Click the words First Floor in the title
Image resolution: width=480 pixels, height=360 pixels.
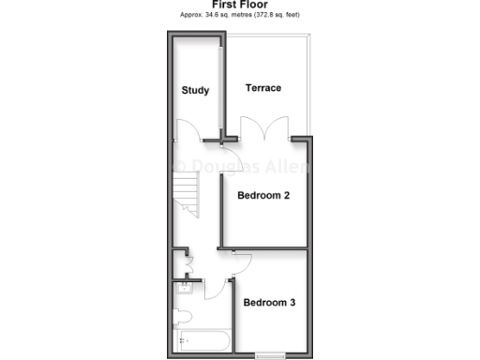click(240, 6)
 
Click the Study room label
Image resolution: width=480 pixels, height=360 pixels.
click(195, 91)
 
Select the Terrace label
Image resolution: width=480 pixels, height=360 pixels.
click(263, 88)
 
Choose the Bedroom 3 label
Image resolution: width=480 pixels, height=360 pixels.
click(270, 303)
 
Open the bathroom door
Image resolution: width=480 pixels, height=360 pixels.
click(215, 286)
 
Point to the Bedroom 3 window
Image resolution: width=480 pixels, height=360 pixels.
click(270, 354)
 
